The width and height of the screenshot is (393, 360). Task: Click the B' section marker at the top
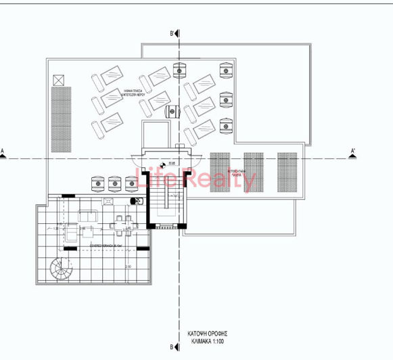coord(173,33)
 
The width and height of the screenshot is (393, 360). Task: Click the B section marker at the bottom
coord(173,347)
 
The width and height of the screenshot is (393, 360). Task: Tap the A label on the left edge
coord(3,151)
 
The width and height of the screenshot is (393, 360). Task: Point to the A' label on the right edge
coord(353,151)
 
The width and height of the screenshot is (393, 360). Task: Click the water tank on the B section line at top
coord(179,70)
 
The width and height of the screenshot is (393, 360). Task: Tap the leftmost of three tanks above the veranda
coord(98,182)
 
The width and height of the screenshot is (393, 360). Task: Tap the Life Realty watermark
coord(196,180)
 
